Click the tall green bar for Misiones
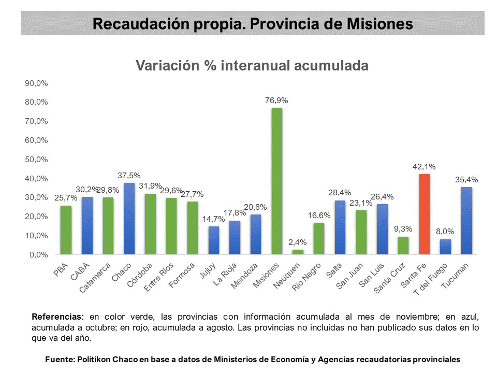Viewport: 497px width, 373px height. coord(277,181)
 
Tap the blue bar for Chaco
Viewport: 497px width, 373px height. coord(129,219)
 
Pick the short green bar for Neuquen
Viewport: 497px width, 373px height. coord(298,252)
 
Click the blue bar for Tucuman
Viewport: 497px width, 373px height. coord(466,221)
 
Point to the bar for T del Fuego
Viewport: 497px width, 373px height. coord(445,247)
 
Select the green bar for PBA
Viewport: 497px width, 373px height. coord(66,230)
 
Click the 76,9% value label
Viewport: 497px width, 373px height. coord(277,101)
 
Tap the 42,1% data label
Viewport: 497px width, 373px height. coord(424,167)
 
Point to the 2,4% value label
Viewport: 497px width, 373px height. coord(298,242)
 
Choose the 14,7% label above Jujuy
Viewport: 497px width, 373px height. coord(213,219)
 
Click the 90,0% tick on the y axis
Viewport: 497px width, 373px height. coord(37,83)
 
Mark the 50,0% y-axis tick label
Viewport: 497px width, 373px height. coord(37,159)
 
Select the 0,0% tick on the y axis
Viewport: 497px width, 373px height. coord(39,254)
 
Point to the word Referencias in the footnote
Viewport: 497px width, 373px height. coord(57,316)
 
